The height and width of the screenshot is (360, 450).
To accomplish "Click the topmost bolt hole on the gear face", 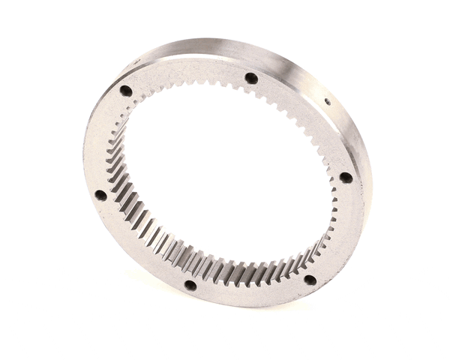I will click(x=251, y=78).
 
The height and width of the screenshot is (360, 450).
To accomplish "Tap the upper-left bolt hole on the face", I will click(x=126, y=91).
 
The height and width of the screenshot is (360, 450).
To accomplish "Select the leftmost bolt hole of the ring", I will click(x=100, y=195).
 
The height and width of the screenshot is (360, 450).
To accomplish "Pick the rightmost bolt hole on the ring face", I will click(x=345, y=178).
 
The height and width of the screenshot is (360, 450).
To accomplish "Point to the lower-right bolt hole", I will click(x=309, y=280).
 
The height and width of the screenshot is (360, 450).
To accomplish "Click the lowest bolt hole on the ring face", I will click(x=190, y=285).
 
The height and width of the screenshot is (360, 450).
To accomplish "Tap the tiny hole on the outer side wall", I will click(x=327, y=101).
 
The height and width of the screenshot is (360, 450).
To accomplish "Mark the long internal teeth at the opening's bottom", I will click(x=225, y=266).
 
